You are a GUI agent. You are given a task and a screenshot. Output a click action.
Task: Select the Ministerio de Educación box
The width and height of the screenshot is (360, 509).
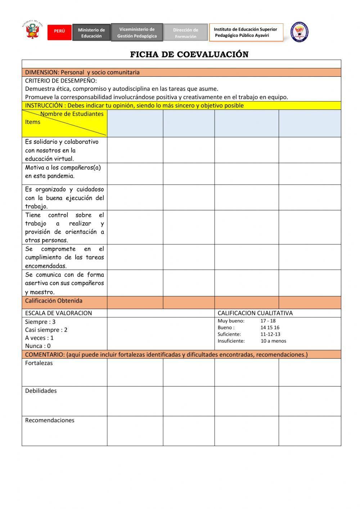pyautogui.click(x=91, y=33)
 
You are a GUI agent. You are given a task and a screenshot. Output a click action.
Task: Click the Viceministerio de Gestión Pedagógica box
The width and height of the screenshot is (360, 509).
pyautogui.click(x=137, y=32)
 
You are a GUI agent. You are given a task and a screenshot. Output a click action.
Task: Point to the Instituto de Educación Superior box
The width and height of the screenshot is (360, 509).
pyautogui.click(x=246, y=32)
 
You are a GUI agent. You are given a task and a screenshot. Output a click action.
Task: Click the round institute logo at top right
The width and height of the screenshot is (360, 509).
pyautogui.click(x=300, y=32)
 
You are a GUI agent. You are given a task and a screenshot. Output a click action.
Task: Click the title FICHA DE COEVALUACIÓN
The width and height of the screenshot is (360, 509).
pyautogui.click(x=189, y=54)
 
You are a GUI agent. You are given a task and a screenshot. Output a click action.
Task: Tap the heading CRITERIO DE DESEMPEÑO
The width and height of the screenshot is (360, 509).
pyautogui.click(x=61, y=81)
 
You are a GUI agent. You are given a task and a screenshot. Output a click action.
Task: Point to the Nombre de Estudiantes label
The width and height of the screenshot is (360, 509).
pyautogui.click(x=72, y=114)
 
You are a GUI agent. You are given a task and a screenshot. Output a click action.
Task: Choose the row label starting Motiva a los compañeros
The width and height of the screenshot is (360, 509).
pyautogui.click(x=63, y=171)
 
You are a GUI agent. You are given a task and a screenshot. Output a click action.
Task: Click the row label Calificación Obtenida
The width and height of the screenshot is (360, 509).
pyautogui.click(x=54, y=301)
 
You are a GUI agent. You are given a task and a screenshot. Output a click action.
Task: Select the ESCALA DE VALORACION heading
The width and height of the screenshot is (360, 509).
pyautogui.click(x=58, y=313)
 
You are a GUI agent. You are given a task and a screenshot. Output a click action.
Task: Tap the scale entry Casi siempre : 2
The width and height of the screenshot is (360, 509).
pyautogui.click(x=46, y=330)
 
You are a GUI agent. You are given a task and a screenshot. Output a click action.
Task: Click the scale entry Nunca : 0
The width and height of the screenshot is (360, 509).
pyautogui.click(x=38, y=346)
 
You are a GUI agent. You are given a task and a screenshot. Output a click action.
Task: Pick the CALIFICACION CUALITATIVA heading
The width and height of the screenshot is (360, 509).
pyautogui.click(x=255, y=313)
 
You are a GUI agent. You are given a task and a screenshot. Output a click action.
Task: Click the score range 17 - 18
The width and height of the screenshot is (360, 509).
pyautogui.click(x=268, y=321)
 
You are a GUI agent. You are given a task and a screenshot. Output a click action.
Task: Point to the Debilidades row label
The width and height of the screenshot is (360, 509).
pyautogui.click(x=41, y=391)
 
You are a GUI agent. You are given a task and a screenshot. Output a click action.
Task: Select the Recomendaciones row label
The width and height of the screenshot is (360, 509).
pyautogui.click(x=50, y=420)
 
